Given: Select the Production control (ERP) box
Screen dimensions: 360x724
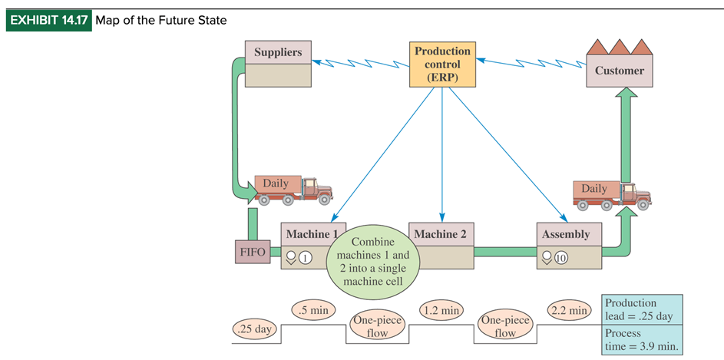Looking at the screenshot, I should [442, 64].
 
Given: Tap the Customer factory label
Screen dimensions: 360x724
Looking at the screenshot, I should [619, 71].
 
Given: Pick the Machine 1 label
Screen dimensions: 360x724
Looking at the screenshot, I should [311, 234].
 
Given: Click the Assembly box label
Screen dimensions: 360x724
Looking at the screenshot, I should [568, 234].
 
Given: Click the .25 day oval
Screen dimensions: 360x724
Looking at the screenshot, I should [253, 329].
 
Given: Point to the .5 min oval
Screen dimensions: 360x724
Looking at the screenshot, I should [313, 311].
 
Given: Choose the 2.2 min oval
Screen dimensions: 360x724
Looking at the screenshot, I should [569, 311].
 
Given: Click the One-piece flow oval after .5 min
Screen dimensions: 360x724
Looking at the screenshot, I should [376, 326].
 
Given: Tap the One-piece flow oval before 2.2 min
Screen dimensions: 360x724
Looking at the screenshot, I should [504, 326].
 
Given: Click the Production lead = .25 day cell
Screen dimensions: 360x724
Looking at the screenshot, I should [641, 309].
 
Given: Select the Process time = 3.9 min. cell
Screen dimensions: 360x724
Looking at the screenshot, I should [641, 340].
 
